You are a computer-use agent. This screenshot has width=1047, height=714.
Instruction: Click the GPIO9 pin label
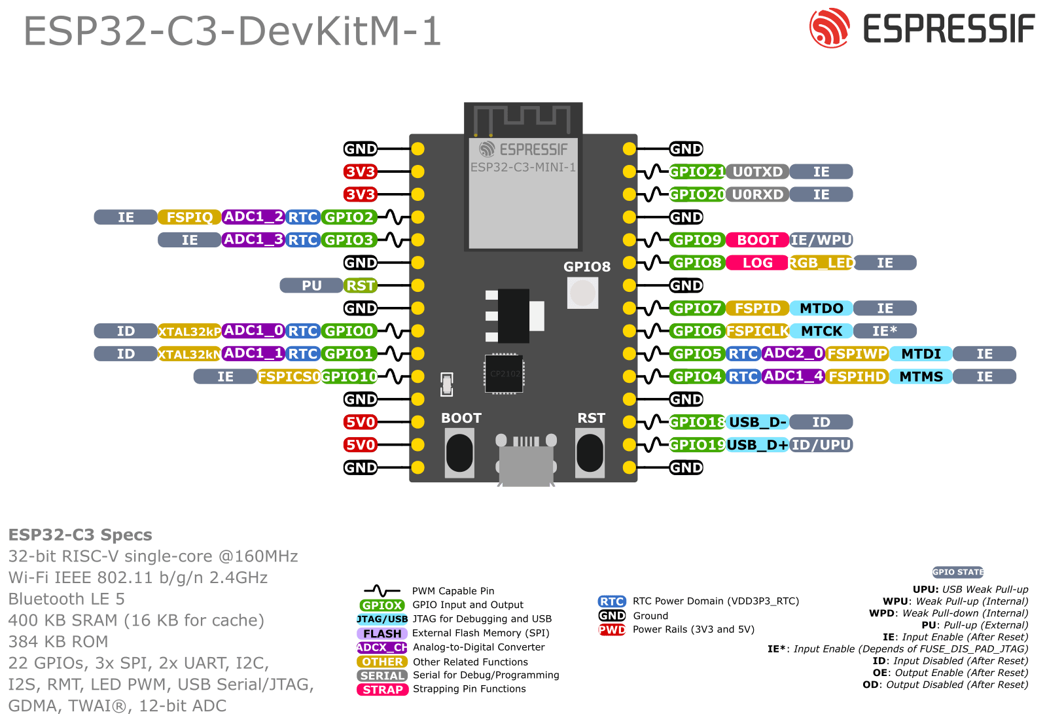coord(697,240)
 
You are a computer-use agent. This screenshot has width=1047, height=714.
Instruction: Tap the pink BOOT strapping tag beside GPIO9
coord(757,240)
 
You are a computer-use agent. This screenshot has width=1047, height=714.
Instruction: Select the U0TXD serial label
coord(757,171)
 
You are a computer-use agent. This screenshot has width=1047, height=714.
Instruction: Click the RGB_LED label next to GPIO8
coord(821,262)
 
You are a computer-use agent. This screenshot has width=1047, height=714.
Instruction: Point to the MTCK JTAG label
coord(821,331)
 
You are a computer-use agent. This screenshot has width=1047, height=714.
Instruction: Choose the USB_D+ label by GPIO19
coord(757,445)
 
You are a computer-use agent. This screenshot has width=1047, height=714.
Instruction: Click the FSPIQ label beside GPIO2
coord(189,217)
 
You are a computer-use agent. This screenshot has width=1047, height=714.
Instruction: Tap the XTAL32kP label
coord(189,331)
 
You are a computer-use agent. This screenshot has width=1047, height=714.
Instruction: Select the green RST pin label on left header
coord(360,285)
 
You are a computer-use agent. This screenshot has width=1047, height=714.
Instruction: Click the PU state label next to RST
coord(311,285)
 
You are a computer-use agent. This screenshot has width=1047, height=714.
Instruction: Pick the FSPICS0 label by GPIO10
coord(289,376)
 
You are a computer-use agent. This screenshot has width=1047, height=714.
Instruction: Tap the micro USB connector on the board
coord(525,461)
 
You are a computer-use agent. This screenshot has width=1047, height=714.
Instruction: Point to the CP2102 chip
coord(504,374)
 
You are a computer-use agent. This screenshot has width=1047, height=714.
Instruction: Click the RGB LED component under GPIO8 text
coord(582,293)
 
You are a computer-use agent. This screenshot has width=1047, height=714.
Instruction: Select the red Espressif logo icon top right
coord(829,28)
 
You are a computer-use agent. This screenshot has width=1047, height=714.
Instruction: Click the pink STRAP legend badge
coord(383,689)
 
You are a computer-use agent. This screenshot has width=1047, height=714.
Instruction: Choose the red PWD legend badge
coord(612,630)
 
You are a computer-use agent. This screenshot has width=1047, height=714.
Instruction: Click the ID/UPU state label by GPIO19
coord(821,445)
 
